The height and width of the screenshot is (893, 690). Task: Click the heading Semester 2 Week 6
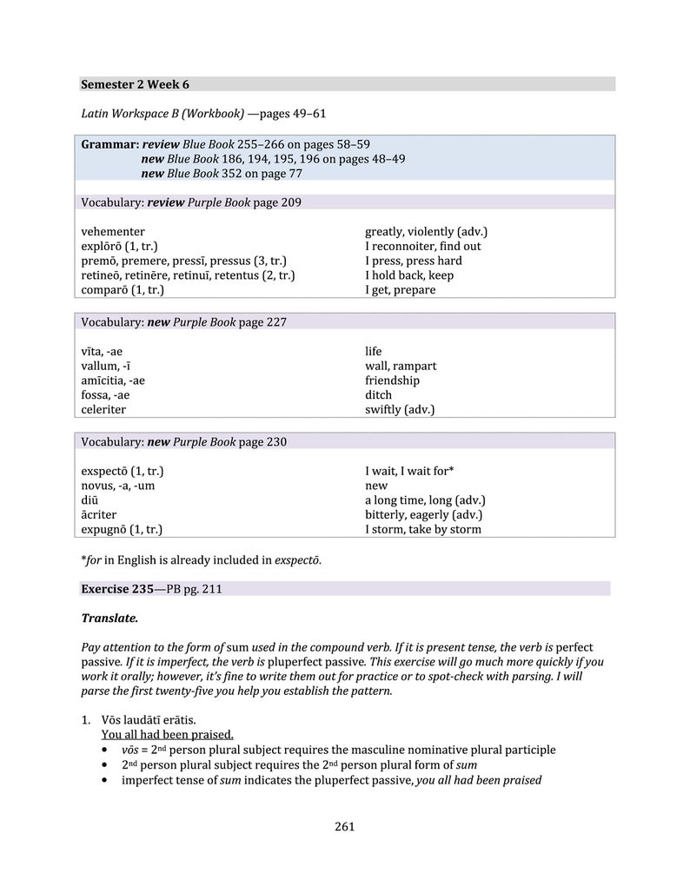tap(135, 84)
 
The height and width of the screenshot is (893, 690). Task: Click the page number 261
tap(344, 826)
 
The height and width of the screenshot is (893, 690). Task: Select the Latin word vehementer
tap(113, 232)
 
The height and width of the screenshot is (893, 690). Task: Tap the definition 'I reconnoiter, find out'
tap(422, 247)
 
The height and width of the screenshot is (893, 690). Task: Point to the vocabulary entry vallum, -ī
tap(106, 367)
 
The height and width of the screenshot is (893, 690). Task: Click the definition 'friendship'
tap(392, 380)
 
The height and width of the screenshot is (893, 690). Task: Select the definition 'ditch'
tap(378, 395)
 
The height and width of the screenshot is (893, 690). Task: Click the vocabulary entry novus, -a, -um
tap(117, 486)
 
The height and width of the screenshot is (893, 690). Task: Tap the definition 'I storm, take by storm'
tap(422, 529)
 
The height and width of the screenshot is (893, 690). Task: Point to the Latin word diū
tap(90, 500)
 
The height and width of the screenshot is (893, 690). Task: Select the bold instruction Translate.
tap(109, 618)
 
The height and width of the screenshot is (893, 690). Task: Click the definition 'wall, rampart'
tap(400, 367)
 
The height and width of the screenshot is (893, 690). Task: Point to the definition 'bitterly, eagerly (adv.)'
tap(423, 515)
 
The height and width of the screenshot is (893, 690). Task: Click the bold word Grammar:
tap(109, 144)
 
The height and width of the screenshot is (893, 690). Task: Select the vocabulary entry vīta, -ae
tap(102, 352)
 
